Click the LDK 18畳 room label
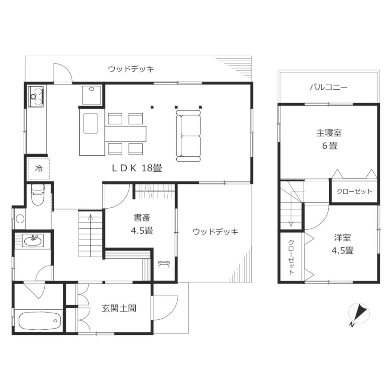(137, 168)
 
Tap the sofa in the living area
(188, 136)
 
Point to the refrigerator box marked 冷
(38, 169)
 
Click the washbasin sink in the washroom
(33, 241)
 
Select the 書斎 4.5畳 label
(142, 224)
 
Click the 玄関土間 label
(119, 308)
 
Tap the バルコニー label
(328, 87)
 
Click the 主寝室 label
(329, 133)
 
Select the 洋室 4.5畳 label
(343, 244)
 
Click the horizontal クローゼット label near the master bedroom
(354, 192)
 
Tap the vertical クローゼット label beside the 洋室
(291, 257)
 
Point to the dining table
(125, 134)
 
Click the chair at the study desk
(164, 264)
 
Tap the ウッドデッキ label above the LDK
(131, 69)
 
